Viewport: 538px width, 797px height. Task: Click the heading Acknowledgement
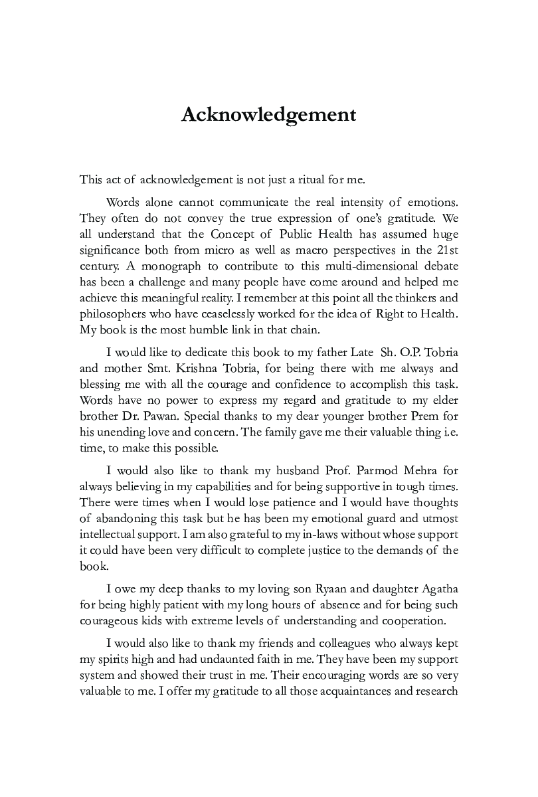pos(269,114)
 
